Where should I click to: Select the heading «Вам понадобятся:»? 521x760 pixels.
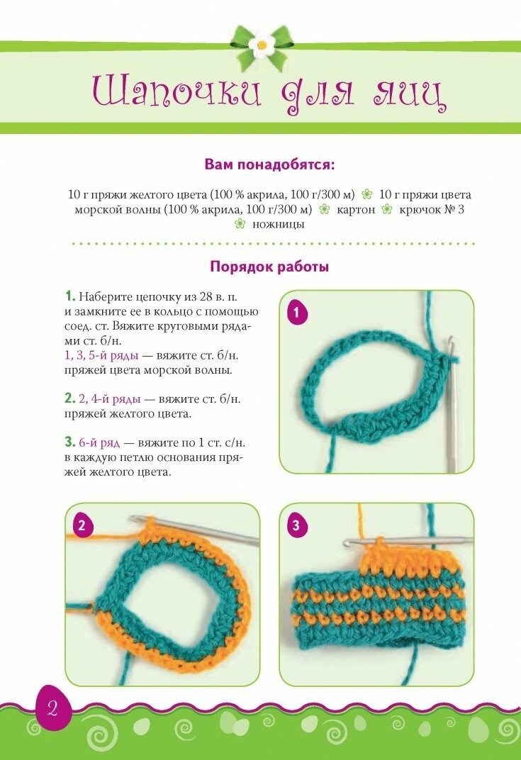(269, 164)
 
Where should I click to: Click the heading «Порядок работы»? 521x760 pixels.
(269, 267)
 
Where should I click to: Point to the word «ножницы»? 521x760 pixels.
(278, 225)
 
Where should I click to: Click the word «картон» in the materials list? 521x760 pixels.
(356, 209)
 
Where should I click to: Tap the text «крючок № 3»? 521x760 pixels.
(432, 209)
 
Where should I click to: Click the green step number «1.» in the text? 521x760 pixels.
(70, 296)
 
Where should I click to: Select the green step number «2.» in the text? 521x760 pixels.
(70, 398)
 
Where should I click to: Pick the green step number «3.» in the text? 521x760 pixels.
(70, 442)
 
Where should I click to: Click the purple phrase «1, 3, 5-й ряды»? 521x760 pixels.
(101, 355)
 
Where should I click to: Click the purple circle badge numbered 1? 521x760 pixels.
(297, 313)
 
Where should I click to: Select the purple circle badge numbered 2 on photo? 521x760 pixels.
(82, 526)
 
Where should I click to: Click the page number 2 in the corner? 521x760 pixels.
(52, 709)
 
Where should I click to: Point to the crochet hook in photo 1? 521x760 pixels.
(452, 404)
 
